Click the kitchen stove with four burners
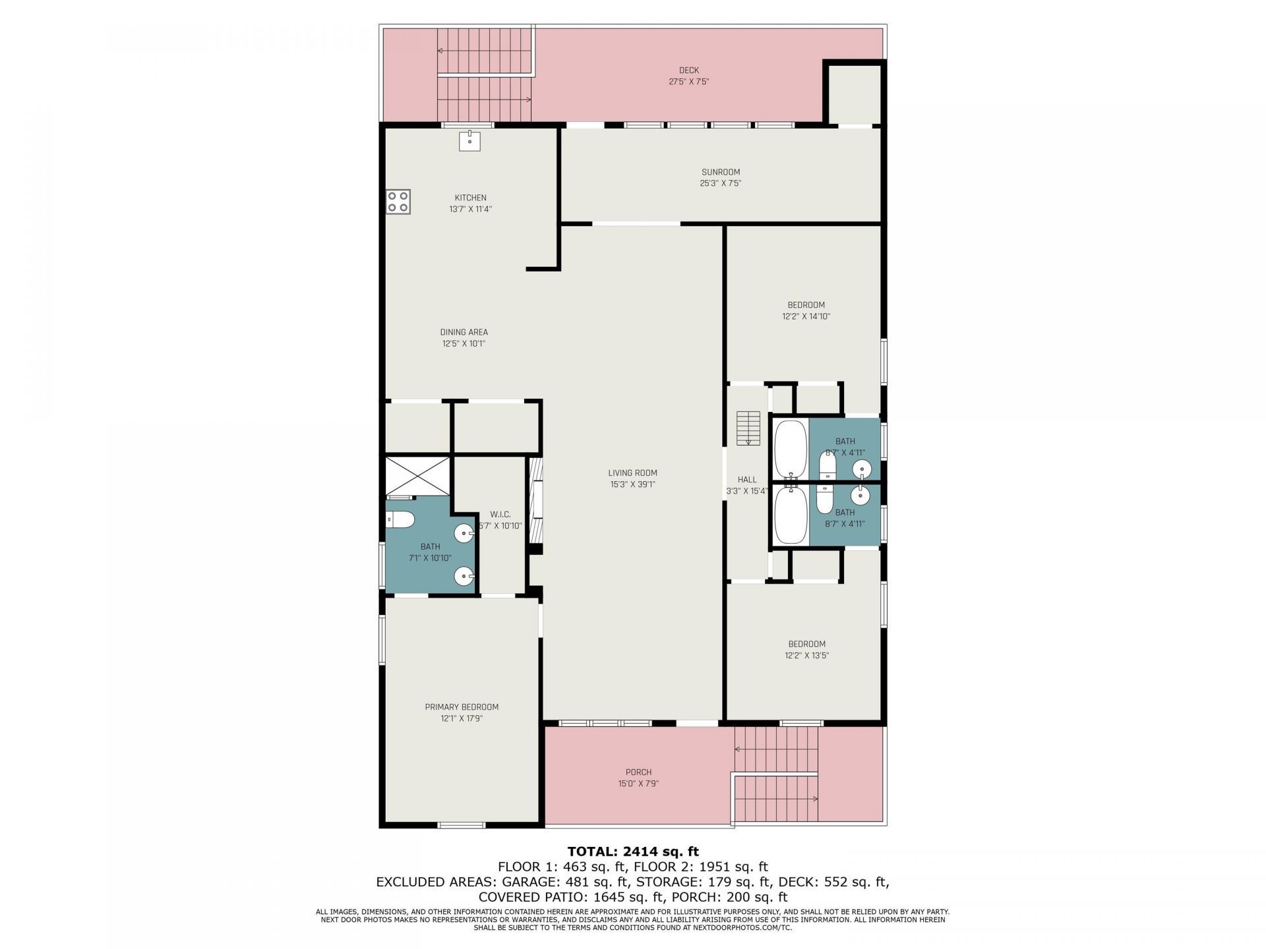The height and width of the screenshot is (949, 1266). (x=398, y=202)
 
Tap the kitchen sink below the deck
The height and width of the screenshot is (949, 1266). (x=470, y=141)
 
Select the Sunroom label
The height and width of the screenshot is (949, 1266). (x=720, y=173)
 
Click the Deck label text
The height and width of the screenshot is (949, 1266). (x=689, y=71)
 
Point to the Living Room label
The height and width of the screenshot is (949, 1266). (x=632, y=473)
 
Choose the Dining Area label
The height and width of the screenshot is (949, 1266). (x=464, y=333)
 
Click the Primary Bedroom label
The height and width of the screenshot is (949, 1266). (x=462, y=707)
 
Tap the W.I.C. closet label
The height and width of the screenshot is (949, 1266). (x=500, y=515)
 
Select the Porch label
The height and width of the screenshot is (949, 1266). (x=638, y=772)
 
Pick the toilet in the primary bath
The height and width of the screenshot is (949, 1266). (x=400, y=520)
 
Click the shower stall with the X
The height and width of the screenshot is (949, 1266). (x=418, y=475)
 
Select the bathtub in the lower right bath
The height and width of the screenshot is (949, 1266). (x=791, y=515)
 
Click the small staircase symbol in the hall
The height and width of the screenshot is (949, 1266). (x=748, y=427)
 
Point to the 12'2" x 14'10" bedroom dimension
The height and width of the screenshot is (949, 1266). (x=806, y=316)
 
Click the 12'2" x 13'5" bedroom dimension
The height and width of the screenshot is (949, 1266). (x=806, y=656)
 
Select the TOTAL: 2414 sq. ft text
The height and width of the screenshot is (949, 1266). (x=633, y=851)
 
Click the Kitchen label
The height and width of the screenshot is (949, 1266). (x=471, y=198)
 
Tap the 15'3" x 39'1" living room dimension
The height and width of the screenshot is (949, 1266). (x=632, y=484)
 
